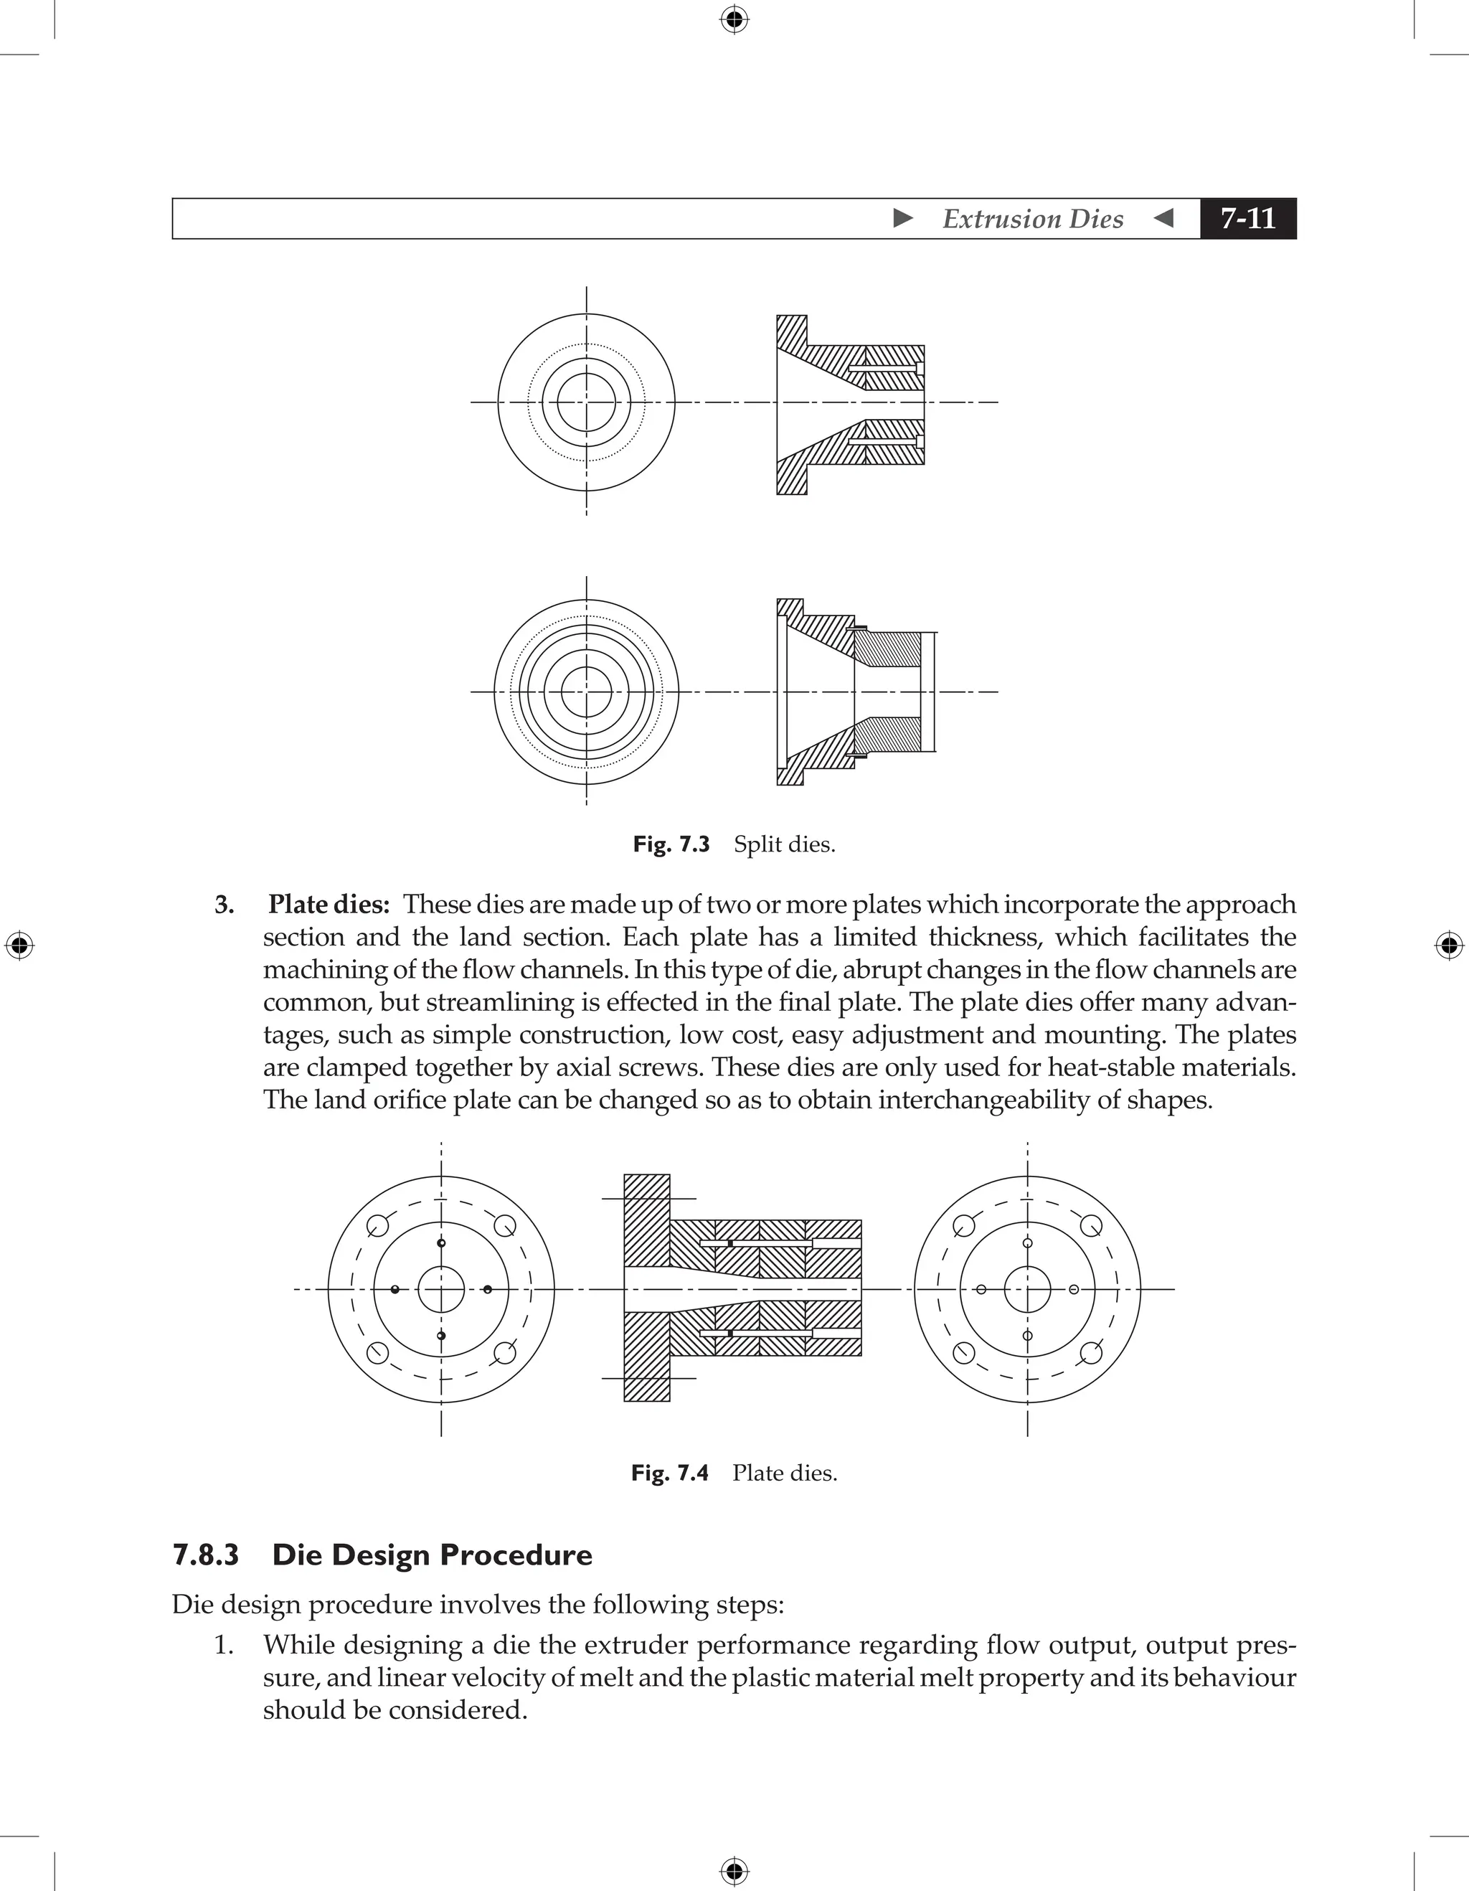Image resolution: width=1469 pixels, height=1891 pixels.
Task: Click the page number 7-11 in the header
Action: click(1247, 218)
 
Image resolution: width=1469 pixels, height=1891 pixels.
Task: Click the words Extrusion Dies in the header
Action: click(1033, 219)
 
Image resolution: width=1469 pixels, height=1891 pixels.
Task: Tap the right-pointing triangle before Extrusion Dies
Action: click(903, 218)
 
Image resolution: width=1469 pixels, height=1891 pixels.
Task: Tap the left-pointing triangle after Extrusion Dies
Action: click(1164, 218)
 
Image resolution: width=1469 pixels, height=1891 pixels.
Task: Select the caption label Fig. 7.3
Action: click(671, 844)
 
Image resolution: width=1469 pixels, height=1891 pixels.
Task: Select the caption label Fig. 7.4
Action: click(669, 1473)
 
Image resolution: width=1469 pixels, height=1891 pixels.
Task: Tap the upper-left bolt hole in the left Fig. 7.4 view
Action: click(377, 1226)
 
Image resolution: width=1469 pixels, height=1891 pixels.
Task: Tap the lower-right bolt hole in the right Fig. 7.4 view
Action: click(1092, 1352)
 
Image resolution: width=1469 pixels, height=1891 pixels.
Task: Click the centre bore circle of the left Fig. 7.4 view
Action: click(441, 1289)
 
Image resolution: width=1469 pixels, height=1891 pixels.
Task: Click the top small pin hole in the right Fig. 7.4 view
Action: click(1028, 1243)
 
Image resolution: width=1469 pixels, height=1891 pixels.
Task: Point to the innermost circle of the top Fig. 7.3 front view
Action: click(586, 402)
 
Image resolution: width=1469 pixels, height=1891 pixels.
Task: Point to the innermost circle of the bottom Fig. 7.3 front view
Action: click(586, 692)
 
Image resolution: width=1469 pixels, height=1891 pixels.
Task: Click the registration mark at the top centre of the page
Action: click(734, 18)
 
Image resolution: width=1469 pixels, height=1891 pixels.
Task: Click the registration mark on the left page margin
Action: click(19, 945)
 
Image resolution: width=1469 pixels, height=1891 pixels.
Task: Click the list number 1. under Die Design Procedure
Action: click(223, 1645)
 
